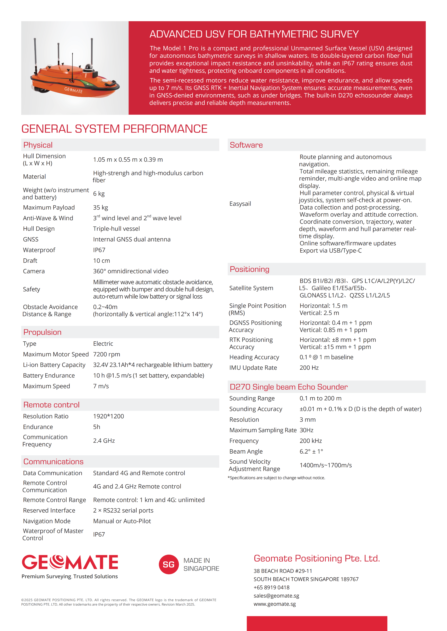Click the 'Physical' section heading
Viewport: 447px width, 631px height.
click(x=38, y=145)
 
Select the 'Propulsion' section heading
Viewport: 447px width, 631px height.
click(x=42, y=332)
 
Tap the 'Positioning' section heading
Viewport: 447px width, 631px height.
click(x=249, y=269)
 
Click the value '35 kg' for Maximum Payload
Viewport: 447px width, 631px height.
click(x=101, y=208)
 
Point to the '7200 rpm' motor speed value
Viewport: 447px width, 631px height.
click(x=107, y=354)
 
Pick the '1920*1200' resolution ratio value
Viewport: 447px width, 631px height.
click(x=108, y=416)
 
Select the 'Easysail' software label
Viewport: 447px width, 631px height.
click(x=240, y=204)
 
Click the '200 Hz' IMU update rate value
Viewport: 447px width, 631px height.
click(x=309, y=368)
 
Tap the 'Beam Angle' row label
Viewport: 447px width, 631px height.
click(x=246, y=452)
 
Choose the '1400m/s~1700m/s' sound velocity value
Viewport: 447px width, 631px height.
click(x=326, y=465)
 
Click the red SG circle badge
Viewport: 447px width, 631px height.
click(x=169, y=564)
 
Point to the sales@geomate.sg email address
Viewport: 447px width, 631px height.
click(x=276, y=596)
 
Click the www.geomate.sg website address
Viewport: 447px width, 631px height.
click(x=274, y=604)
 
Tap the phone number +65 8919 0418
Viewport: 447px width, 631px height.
click(x=271, y=587)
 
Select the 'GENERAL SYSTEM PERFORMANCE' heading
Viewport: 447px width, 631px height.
click(x=114, y=129)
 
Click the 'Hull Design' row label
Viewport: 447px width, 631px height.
click(x=39, y=229)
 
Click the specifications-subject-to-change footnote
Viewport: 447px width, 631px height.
click(x=276, y=478)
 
